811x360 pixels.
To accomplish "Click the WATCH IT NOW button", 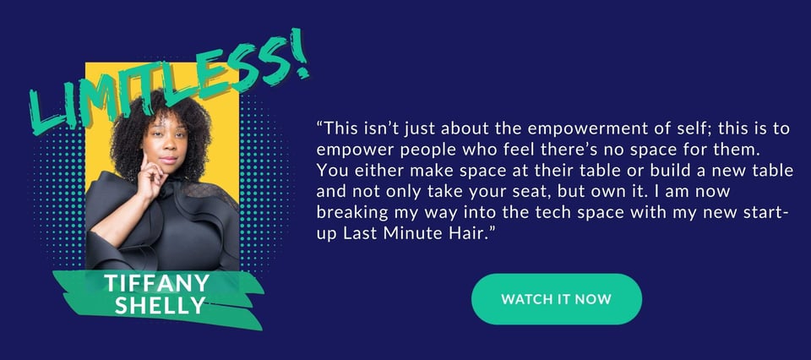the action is [557, 299].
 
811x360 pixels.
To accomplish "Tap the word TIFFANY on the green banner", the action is [157, 283].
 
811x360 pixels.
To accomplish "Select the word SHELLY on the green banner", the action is [160, 305].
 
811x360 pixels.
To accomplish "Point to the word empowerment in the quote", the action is [554, 129].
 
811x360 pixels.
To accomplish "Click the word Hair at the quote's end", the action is [471, 233].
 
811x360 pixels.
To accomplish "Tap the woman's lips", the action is [169, 160].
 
